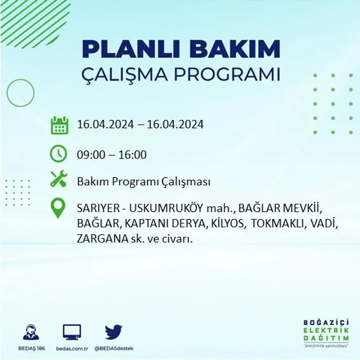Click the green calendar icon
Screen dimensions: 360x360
(59, 125)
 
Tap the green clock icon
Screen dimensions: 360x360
(58, 154)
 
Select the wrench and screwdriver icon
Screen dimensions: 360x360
(58, 179)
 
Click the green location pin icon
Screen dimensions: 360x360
(58, 207)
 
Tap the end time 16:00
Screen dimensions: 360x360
(133, 155)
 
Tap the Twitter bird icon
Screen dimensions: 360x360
(113, 332)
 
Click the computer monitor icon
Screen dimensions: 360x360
(72, 332)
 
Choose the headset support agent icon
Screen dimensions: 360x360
(31, 332)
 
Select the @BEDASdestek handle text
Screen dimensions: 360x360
(114, 349)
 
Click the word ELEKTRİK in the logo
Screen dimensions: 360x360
(326, 331)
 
